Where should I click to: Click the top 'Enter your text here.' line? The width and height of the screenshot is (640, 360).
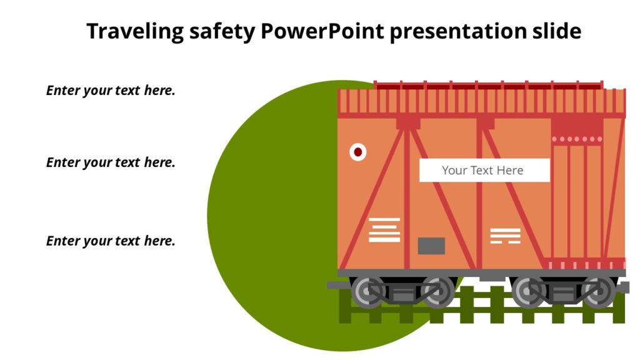click(x=111, y=90)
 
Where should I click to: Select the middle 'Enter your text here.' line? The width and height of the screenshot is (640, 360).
click(x=111, y=162)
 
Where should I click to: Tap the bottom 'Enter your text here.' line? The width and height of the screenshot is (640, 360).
click(x=111, y=241)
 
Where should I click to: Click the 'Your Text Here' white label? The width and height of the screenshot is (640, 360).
click(x=484, y=170)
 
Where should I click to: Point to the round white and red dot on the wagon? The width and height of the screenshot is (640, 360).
click(x=357, y=151)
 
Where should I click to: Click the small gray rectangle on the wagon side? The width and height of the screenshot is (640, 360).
click(x=431, y=246)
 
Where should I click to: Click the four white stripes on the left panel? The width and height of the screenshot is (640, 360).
click(x=384, y=229)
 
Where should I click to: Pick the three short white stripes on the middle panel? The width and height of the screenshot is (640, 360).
click(x=505, y=236)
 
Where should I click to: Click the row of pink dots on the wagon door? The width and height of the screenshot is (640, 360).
click(x=577, y=139)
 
